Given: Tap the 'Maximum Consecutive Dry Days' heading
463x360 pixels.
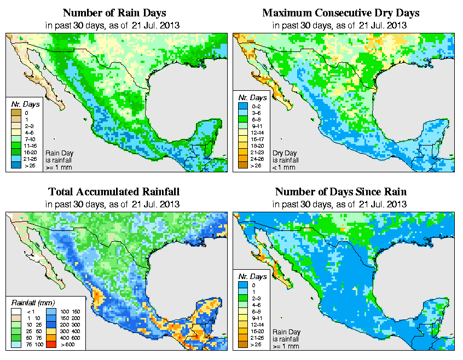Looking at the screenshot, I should [340, 13].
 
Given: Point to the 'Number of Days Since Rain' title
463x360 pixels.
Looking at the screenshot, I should [340, 192].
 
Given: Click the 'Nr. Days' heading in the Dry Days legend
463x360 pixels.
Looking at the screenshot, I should [254, 97].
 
